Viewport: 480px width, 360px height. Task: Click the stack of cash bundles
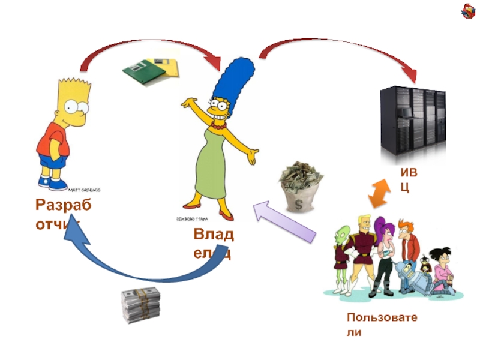[141, 306]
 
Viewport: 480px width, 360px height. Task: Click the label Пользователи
[382, 324]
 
